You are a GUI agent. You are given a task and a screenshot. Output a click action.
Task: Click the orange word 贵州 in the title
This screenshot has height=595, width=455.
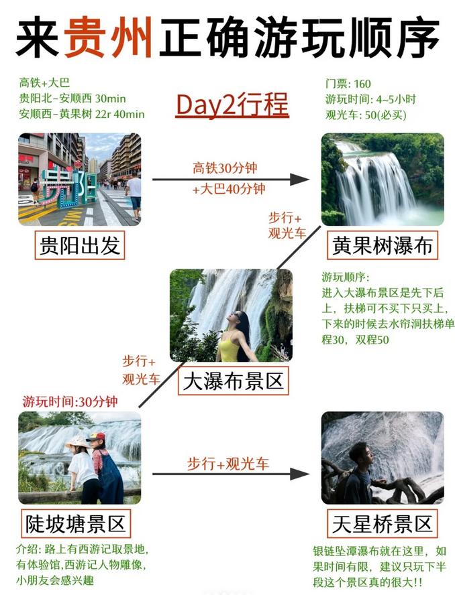[x=108, y=38]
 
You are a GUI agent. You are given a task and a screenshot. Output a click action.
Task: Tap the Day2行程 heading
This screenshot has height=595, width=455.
[x=232, y=105]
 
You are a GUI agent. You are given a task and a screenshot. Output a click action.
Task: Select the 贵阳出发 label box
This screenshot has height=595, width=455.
[x=80, y=245]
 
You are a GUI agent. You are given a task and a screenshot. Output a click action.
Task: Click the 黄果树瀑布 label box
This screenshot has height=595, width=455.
[x=383, y=245]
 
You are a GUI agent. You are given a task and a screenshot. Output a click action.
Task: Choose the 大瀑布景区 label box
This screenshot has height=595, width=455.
[x=234, y=381]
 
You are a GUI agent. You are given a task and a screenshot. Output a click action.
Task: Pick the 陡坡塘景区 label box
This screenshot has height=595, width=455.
[x=76, y=524]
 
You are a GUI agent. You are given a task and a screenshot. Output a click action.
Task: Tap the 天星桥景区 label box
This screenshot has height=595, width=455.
[x=383, y=524]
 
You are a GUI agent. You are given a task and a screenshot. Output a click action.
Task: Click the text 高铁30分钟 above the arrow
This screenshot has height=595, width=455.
[x=225, y=168]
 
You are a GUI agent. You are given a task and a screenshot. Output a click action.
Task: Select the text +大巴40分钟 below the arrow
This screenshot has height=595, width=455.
[x=229, y=189]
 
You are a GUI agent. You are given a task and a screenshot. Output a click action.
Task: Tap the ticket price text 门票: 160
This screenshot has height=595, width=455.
[x=348, y=84]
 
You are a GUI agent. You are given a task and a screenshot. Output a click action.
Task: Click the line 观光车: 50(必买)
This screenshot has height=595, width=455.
[x=366, y=115]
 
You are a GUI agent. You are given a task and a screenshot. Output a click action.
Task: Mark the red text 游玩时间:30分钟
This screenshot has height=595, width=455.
[x=70, y=401]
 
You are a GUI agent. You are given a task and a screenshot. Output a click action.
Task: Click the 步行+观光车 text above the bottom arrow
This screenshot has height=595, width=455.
[x=227, y=464]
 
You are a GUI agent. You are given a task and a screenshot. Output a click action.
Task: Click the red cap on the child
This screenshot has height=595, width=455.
[x=97, y=437]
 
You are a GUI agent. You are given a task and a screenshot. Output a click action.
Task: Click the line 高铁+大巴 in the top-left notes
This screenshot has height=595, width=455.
[x=44, y=82]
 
